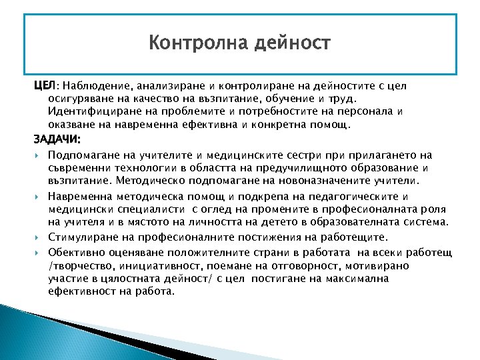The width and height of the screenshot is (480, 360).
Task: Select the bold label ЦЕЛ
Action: (x=44, y=86)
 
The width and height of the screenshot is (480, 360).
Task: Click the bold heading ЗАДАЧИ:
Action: (x=57, y=139)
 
